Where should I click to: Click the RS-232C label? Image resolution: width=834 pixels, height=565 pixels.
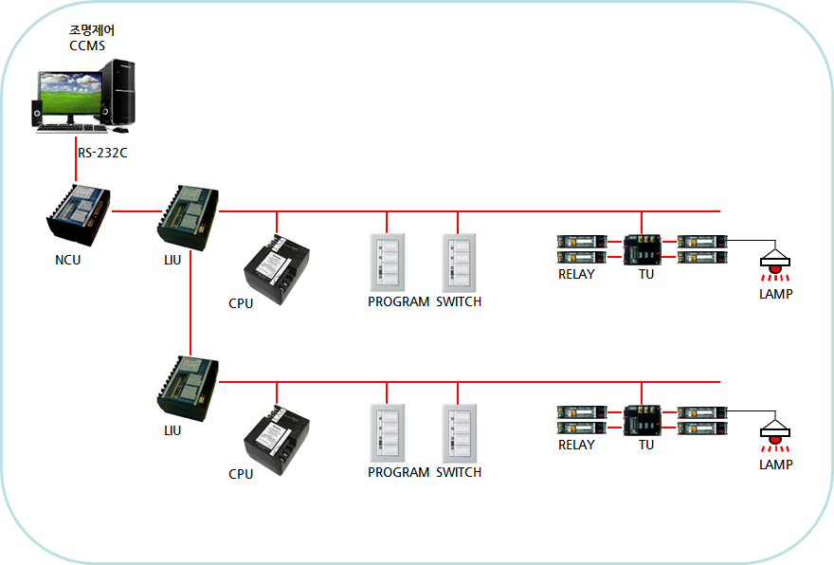coord(102,152)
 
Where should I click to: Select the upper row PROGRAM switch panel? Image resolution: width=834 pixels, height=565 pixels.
coord(388,262)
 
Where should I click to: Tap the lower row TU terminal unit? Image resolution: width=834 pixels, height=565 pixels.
coord(644,421)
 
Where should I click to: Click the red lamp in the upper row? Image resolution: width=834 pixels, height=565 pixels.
coord(775,269)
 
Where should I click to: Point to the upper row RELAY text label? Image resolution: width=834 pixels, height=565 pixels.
coord(576,275)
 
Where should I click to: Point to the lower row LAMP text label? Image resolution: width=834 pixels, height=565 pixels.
coord(775,465)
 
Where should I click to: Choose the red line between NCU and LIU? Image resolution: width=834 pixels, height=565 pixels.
coord(134,211)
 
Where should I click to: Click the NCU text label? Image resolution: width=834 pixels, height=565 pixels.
coord(68,260)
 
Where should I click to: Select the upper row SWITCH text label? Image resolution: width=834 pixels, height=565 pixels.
coord(459,302)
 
